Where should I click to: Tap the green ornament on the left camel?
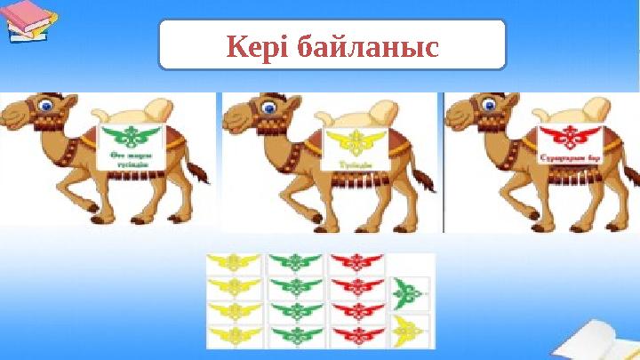[x=127, y=138]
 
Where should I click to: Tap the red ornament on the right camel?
[x=569, y=139]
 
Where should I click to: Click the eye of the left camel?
[x=44, y=104]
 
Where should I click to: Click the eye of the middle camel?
[x=265, y=105]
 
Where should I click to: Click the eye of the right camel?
[x=487, y=105]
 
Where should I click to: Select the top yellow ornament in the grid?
[x=234, y=263]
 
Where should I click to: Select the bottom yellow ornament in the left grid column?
[x=234, y=334]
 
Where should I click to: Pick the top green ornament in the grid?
[x=295, y=263]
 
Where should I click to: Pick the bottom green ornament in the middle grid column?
[x=295, y=334]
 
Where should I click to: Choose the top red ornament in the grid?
[x=356, y=263]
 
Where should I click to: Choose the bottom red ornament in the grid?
[x=356, y=334]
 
